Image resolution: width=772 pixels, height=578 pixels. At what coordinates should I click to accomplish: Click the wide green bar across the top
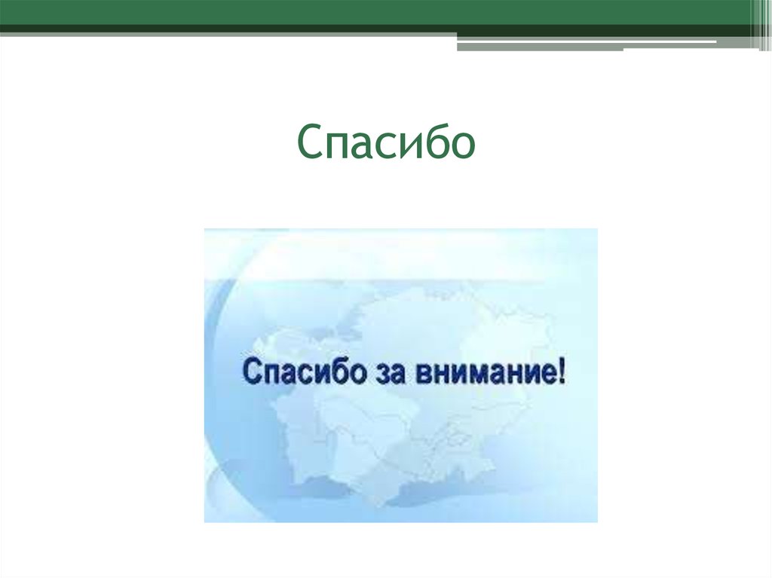377,11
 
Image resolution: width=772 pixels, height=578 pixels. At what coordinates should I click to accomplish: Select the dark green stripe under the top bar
226,29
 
